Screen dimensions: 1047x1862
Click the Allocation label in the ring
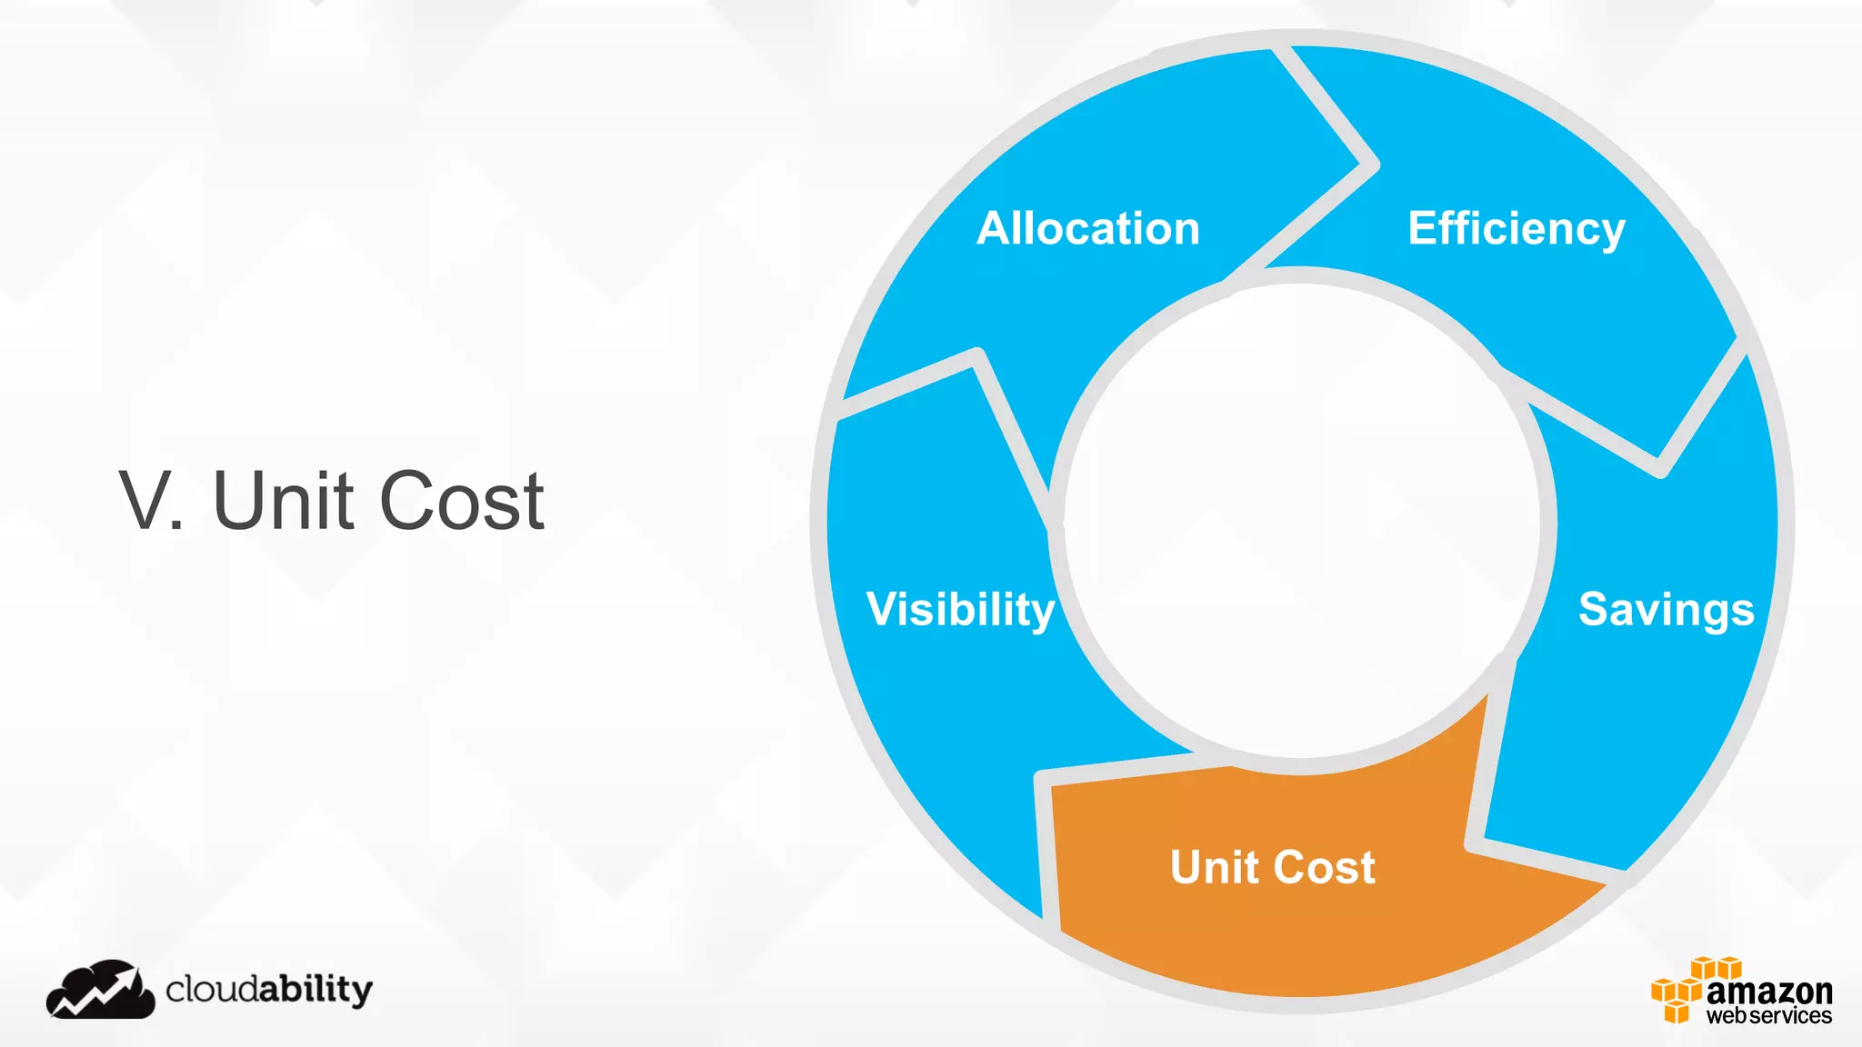(x=1088, y=228)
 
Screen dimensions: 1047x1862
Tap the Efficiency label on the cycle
(x=1516, y=228)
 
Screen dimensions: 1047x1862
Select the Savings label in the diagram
(x=1666, y=609)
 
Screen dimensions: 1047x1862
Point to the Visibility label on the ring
(x=960, y=609)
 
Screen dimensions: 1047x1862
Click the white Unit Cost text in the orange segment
(x=1272, y=867)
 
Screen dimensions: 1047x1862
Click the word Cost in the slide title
(x=462, y=501)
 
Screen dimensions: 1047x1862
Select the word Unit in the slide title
(x=282, y=501)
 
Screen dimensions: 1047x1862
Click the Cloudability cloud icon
(x=100, y=990)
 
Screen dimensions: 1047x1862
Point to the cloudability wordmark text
(x=269, y=990)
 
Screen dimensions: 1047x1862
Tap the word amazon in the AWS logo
(x=1768, y=990)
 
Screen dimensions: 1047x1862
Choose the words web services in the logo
(x=1768, y=1015)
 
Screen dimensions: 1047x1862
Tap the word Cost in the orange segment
(x=1324, y=867)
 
